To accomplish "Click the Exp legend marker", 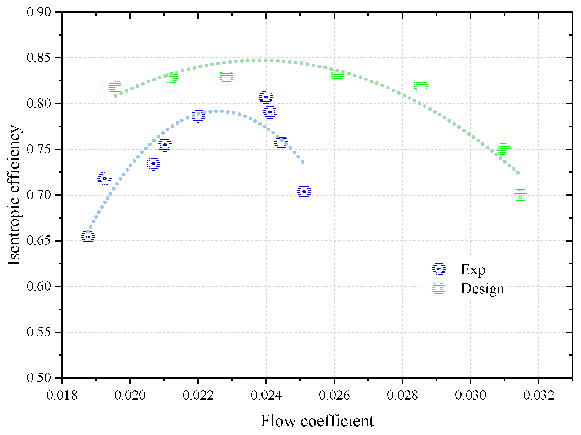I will [x=439, y=269].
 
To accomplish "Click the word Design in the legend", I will [x=482, y=289].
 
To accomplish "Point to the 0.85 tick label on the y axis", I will [x=39, y=58].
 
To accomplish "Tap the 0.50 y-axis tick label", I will [x=39, y=378].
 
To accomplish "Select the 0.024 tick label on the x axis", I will [x=266, y=396].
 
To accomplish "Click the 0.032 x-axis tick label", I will [x=539, y=396].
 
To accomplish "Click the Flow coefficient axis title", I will [x=317, y=421].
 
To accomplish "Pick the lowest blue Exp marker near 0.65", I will [x=88, y=237].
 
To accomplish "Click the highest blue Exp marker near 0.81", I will [x=266, y=97].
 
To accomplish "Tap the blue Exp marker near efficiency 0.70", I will [x=304, y=191].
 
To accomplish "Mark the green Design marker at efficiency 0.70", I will [x=520, y=195].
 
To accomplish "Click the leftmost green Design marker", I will [x=116, y=87].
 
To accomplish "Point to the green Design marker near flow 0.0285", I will [x=420, y=85].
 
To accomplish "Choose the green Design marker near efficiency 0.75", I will [x=504, y=149].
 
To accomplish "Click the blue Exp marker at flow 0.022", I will [x=198, y=116].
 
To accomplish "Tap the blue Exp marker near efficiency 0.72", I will [x=104, y=178].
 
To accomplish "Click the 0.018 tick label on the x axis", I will [x=62, y=396].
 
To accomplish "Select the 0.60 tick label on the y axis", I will [x=39, y=286].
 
